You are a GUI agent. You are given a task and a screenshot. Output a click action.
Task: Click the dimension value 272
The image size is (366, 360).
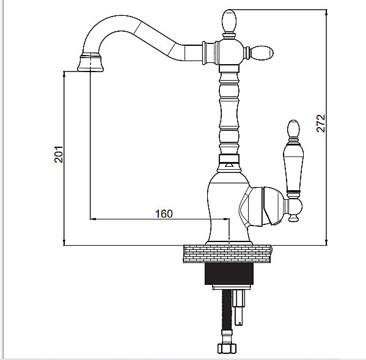point(321,123)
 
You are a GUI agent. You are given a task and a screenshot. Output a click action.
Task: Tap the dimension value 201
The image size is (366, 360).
point(59,154)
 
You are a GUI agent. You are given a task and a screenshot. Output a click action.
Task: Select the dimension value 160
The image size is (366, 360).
point(164,214)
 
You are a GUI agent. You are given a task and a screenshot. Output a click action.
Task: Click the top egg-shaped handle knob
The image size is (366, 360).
point(230,21)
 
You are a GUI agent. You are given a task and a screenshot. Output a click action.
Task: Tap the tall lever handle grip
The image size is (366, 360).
point(293,167)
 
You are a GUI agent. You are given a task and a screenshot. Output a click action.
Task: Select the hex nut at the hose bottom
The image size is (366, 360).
point(227,348)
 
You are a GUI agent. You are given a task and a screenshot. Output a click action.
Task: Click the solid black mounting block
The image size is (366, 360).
point(229,274)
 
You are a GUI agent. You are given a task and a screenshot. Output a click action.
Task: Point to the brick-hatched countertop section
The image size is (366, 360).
point(227,254)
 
